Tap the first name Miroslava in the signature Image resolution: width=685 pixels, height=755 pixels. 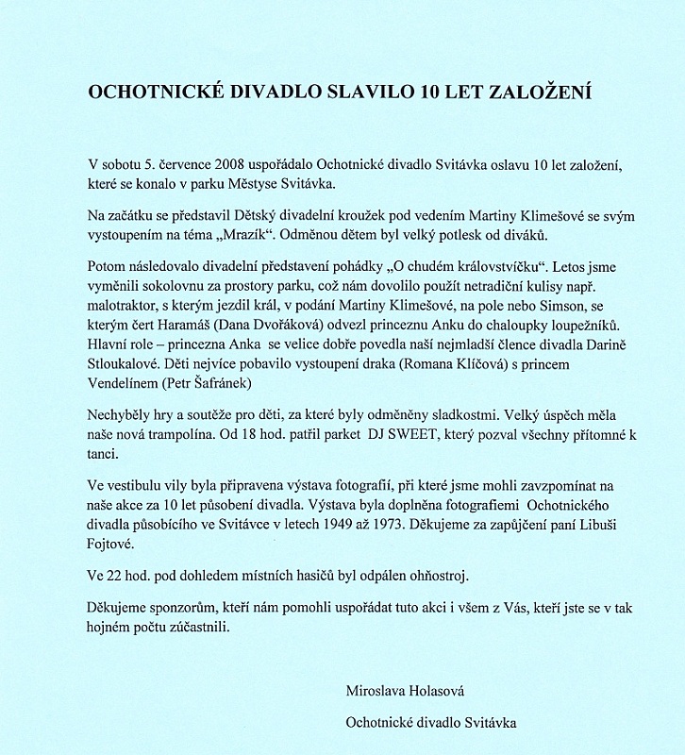[381, 691]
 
